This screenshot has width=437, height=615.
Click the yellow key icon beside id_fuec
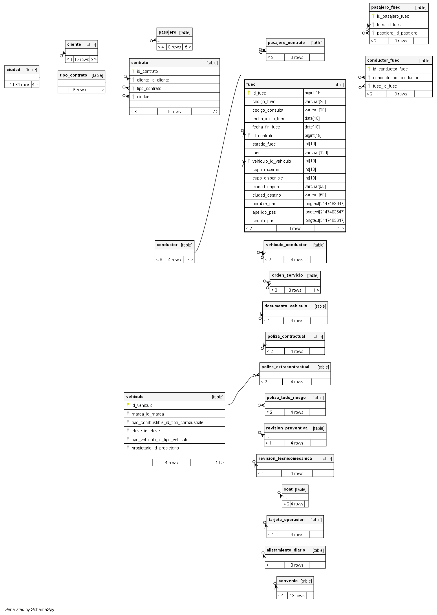click(x=248, y=93)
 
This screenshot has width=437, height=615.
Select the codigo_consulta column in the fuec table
click(x=268, y=110)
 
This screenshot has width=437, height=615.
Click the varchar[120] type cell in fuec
click(x=316, y=153)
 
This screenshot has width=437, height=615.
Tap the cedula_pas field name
click(x=263, y=221)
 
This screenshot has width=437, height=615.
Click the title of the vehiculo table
click(x=135, y=397)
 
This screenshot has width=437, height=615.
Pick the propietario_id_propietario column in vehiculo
click(x=155, y=448)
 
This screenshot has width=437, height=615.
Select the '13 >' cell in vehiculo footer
click(x=219, y=463)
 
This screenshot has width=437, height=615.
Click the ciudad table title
click(x=14, y=70)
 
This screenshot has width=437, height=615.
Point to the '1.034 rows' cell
click(x=20, y=85)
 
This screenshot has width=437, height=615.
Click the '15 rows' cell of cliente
click(x=82, y=59)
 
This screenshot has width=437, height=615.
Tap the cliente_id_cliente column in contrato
click(x=153, y=80)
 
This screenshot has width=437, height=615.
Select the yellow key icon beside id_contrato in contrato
click(x=133, y=71)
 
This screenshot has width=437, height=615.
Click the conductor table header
click(x=167, y=245)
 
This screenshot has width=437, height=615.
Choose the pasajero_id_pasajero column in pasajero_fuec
click(x=397, y=33)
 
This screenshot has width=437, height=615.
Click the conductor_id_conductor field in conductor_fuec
click(x=395, y=78)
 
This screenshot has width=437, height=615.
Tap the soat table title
click(x=288, y=489)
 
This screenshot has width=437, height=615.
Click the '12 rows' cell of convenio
click(x=297, y=596)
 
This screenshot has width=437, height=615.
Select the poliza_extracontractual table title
click(x=285, y=367)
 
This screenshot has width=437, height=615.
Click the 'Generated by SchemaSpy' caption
click(x=30, y=609)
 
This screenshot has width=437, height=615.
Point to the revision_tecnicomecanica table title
click(x=285, y=458)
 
